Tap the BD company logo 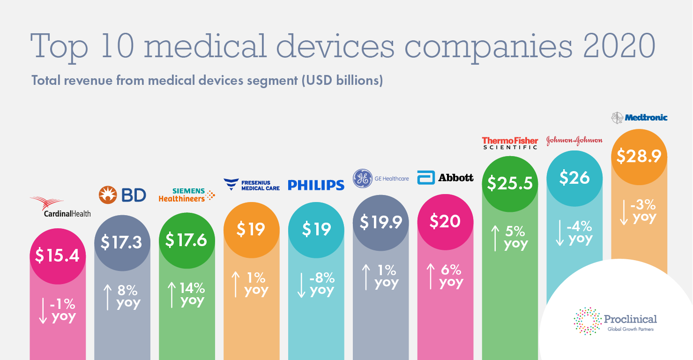[122, 195]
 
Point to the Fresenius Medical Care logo [251, 184]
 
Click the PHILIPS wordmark [316, 185]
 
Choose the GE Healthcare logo [380, 179]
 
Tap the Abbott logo [445, 178]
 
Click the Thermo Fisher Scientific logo [510, 142]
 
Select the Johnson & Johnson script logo [574, 141]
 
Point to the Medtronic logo [639, 117]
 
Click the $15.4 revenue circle [58, 256]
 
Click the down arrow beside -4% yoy [559, 233]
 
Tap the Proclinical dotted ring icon [588, 321]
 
